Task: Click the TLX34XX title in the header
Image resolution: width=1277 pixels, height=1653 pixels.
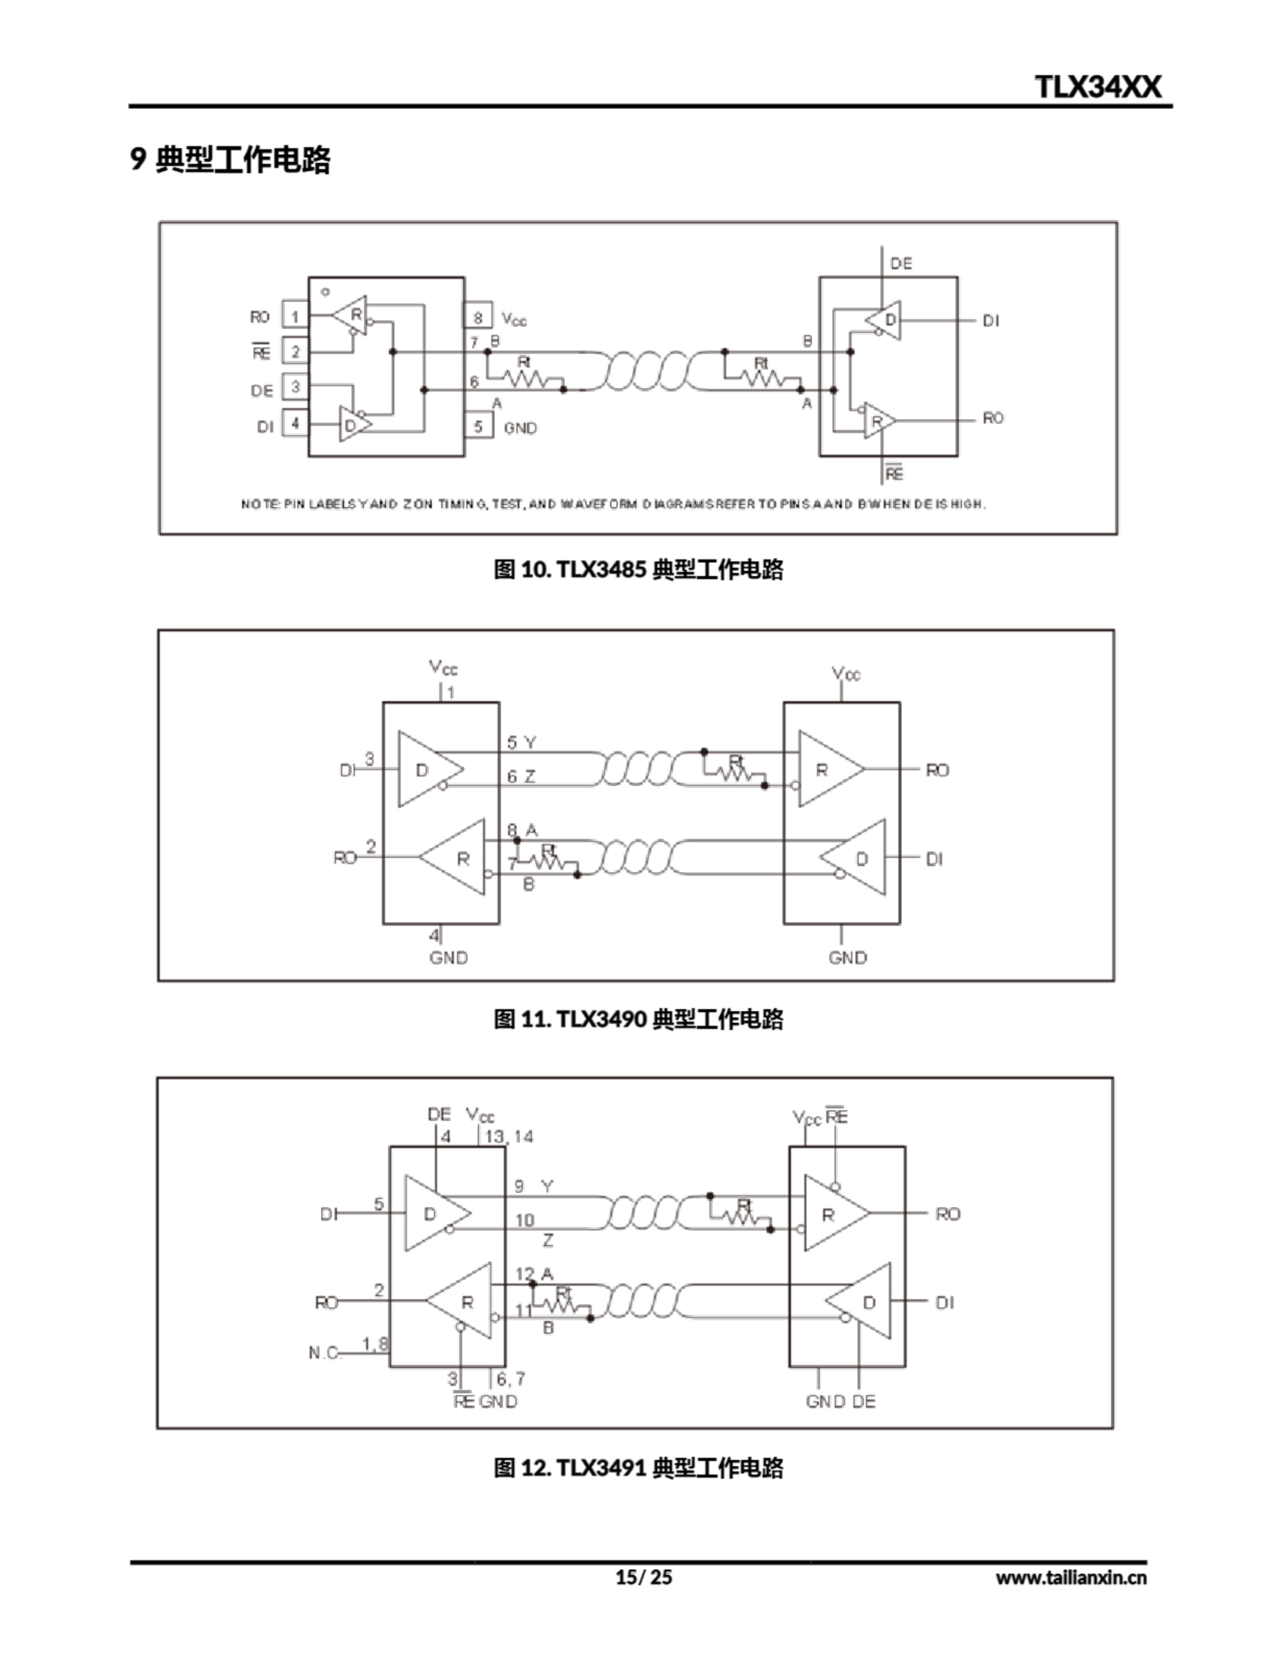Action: [1097, 87]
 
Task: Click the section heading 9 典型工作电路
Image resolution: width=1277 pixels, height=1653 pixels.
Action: [231, 159]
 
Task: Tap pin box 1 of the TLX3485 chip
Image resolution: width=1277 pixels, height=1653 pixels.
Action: [295, 316]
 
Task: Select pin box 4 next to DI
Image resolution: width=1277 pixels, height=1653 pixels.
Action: [295, 424]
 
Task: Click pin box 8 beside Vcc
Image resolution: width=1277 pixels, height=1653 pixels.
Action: [478, 318]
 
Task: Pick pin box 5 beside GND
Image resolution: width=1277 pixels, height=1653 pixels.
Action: [478, 427]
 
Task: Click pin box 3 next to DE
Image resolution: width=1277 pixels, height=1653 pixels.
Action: [295, 387]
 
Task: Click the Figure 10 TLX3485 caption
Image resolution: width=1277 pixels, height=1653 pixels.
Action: [638, 570]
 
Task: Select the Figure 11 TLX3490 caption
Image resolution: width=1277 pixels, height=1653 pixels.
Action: [638, 1020]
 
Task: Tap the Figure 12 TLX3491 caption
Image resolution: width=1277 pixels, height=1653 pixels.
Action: [638, 1468]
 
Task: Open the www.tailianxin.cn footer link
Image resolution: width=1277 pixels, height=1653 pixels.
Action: [1070, 1578]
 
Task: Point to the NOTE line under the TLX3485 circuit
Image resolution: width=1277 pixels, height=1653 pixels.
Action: [613, 504]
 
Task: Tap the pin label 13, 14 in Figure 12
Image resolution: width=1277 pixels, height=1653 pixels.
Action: [509, 1137]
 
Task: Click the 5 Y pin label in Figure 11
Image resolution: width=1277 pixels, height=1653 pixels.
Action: [521, 743]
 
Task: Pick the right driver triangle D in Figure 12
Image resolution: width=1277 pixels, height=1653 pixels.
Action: [864, 1302]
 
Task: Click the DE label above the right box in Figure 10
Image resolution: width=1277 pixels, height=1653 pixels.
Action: [901, 263]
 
